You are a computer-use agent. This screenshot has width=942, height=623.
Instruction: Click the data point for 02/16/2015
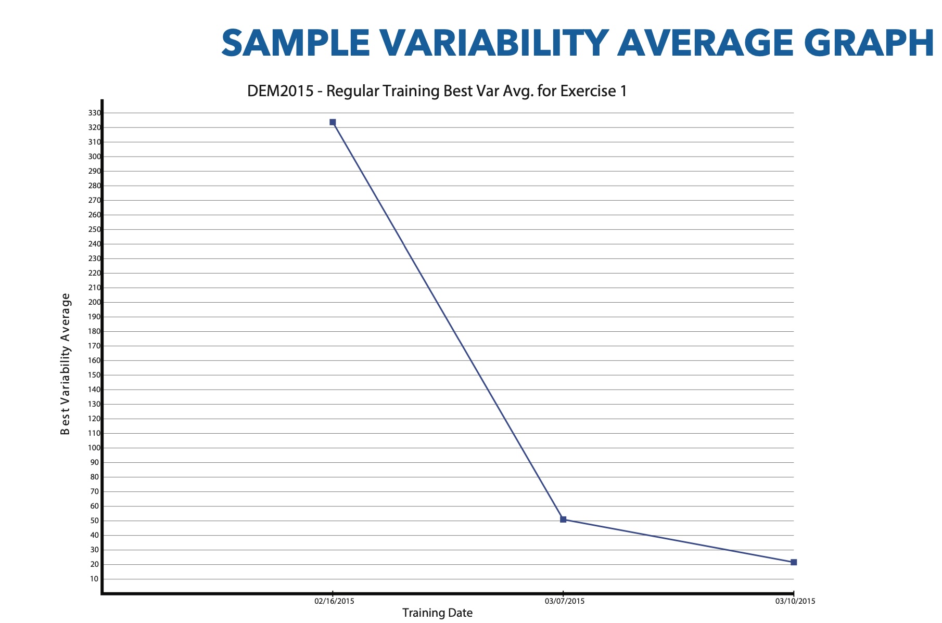tap(333, 122)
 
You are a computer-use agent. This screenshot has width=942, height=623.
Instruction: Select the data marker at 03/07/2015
tap(563, 520)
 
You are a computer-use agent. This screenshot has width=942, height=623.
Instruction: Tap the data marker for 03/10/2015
tap(794, 562)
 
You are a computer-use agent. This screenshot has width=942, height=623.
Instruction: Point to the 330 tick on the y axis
tap(94, 113)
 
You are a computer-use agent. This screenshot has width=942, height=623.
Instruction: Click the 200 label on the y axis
tap(94, 302)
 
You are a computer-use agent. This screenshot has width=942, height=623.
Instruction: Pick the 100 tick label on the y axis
tap(94, 448)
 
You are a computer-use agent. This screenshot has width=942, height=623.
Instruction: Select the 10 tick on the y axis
tap(94, 579)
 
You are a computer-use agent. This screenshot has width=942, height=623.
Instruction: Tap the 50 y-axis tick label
tap(94, 521)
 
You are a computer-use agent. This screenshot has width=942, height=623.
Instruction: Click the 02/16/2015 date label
tap(334, 602)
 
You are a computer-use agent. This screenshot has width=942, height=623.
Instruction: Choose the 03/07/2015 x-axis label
tap(565, 602)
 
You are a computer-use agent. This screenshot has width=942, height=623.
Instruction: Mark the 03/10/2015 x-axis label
tap(795, 602)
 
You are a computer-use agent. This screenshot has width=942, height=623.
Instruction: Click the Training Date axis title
tap(437, 613)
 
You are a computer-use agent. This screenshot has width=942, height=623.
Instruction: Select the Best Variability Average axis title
tap(65, 364)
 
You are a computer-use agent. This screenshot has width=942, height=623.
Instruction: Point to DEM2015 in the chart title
tap(280, 91)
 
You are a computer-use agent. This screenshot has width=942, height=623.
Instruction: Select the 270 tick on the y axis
tap(94, 200)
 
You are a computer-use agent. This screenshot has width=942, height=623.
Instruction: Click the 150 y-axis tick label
tap(94, 375)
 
